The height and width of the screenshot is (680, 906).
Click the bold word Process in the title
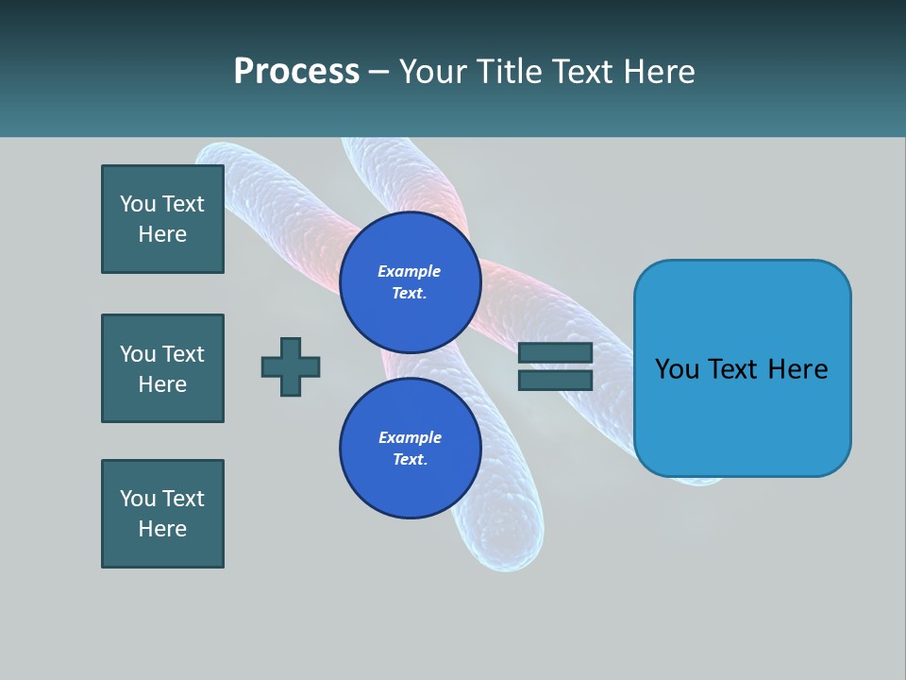296,72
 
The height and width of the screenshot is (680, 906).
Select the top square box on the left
162,219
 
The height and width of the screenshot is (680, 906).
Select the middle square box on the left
162,368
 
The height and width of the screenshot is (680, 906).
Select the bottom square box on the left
162,514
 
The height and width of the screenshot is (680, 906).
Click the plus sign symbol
291,366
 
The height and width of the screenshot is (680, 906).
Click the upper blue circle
410,281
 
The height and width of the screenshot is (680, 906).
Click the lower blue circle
410,448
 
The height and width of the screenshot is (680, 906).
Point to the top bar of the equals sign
555,352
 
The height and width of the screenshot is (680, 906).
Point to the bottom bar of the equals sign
555,380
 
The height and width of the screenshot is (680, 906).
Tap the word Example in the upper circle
410,271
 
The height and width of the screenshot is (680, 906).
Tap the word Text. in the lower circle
410,459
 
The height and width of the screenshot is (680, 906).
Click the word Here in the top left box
162,234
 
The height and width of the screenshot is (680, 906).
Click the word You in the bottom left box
138,499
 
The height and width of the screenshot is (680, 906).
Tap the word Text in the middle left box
183,354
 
